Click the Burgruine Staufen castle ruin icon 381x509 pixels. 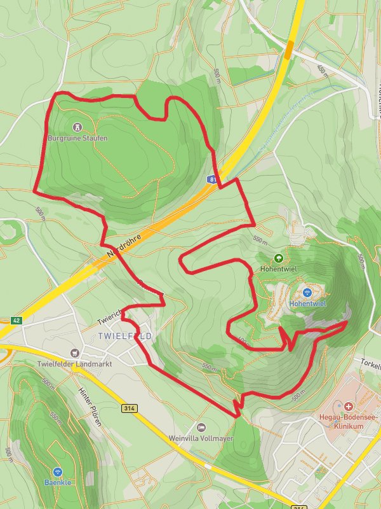[77, 127]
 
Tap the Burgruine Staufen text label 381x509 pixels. [77, 137]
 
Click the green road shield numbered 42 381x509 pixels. [16, 321]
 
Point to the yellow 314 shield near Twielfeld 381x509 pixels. [130, 408]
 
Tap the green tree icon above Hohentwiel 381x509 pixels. [278, 258]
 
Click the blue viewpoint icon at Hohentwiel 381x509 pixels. [307, 293]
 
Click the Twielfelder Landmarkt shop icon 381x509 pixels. [76, 352]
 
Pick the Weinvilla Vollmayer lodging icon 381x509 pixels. [201, 427]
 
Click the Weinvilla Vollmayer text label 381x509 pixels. [201, 438]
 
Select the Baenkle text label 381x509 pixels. [58, 482]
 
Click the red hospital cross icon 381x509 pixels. [349, 406]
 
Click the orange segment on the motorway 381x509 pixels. [290, 50]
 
